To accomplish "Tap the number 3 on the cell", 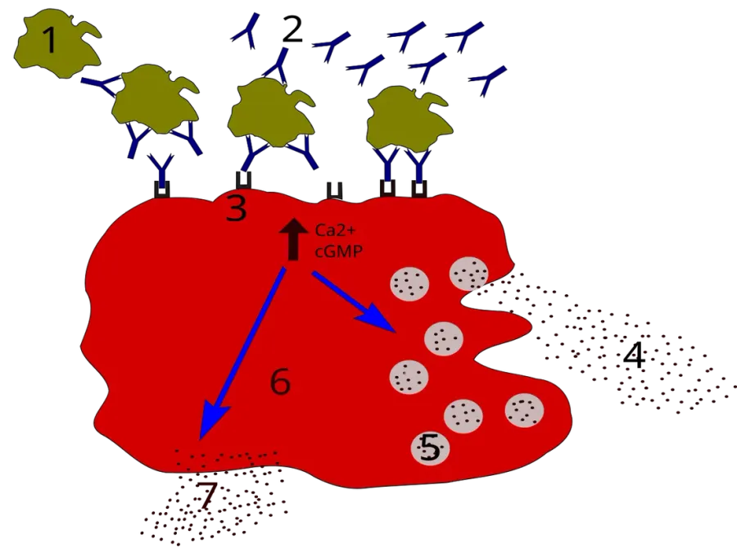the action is [x=237, y=208].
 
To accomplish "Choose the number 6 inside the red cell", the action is [x=281, y=381].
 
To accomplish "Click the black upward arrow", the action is [x=293, y=239].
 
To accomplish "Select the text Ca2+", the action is [x=336, y=231].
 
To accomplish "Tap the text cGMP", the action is [x=338, y=252].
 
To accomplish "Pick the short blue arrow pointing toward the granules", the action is [x=355, y=301].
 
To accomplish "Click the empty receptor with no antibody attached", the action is [x=334, y=190].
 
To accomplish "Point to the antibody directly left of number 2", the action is [x=246, y=31].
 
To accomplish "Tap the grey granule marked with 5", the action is [x=430, y=448].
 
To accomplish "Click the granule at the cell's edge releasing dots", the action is [x=468, y=274].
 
